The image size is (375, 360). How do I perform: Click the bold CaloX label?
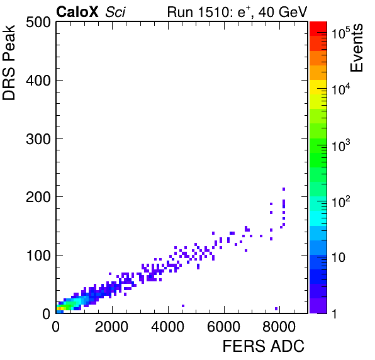click(77, 12)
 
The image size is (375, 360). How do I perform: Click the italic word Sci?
click(115, 12)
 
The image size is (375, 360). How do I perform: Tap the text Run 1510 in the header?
click(198, 12)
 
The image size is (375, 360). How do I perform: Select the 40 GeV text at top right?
click(283, 12)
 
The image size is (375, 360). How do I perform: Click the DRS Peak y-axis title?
click(9, 63)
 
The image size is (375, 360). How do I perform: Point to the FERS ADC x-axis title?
click(263, 346)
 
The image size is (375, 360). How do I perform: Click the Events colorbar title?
click(356, 48)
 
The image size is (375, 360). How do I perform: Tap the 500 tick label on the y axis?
click(38, 23)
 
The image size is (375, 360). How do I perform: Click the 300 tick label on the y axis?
click(38, 138)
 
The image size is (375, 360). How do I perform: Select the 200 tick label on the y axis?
click(38, 197)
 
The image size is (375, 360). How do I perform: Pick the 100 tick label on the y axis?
click(38, 256)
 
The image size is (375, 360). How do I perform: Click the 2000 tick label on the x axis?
click(112, 327)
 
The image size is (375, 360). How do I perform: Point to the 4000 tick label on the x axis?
click(167, 327)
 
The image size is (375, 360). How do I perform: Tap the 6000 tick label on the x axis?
click(223, 327)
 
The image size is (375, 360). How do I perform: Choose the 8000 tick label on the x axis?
click(279, 327)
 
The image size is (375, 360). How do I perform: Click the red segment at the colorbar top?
click(318, 29)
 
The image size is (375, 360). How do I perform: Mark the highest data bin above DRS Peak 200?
click(284, 189)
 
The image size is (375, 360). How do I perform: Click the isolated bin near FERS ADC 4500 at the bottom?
click(183, 306)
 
